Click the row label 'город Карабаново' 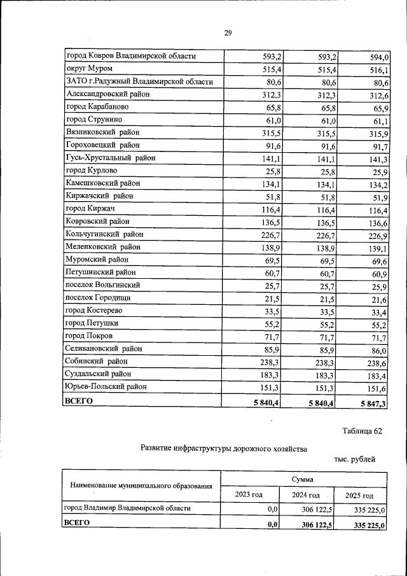(x=98, y=107)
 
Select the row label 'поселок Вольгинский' (x=103, y=285)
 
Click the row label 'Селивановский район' (x=104, y=349)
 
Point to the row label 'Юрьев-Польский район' (x=106, y=387)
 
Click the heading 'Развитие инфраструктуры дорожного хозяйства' (x=223, y=449)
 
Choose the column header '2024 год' (x=305, y=495)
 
